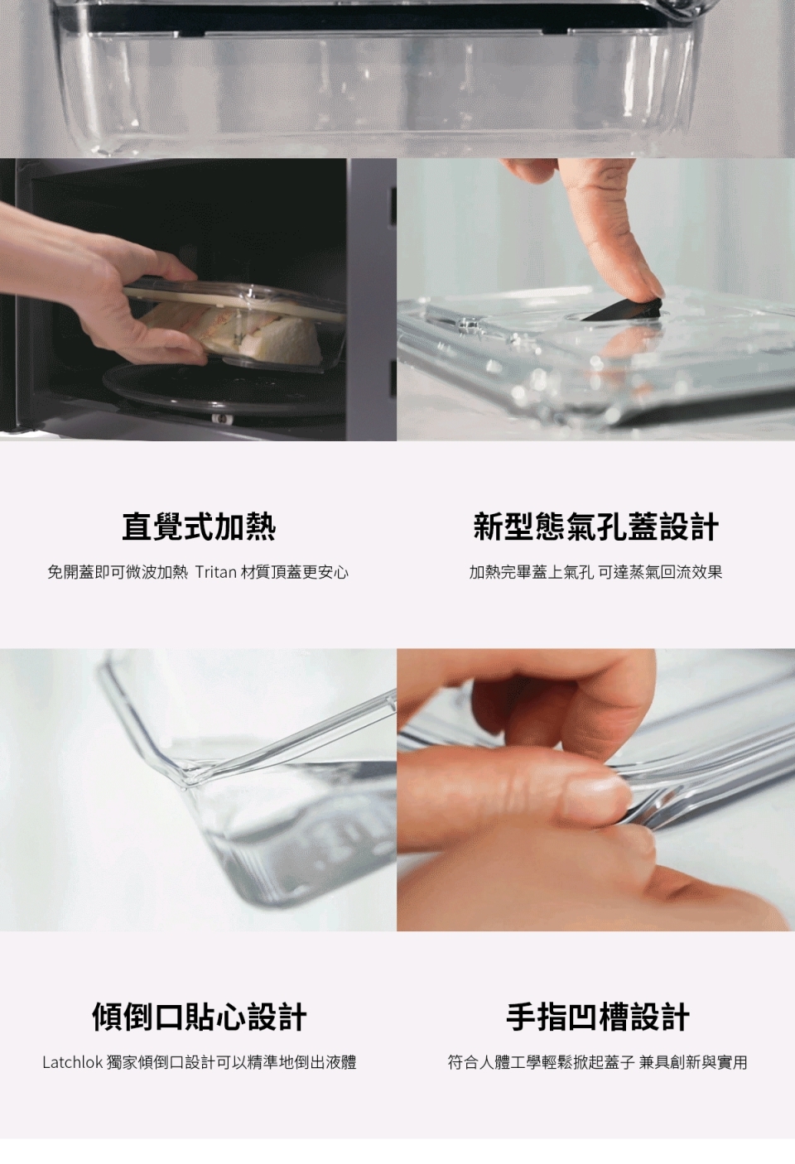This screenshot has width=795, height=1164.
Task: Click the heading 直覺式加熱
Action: [199, 527]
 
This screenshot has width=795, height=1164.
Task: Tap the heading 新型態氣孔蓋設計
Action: [596, 527]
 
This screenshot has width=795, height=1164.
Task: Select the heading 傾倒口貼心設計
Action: [199, 1017]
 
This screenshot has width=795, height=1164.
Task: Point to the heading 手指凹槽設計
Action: [597, 1017]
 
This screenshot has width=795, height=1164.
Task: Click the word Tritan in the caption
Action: [216, 573]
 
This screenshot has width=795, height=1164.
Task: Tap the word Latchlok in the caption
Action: [72, 1062]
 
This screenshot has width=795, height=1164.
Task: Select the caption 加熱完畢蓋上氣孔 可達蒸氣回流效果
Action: [595, 573]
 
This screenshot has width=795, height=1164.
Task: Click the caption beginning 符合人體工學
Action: [597, 1062]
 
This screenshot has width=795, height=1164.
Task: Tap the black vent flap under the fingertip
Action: [624, 310]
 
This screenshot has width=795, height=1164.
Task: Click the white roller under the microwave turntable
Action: [224, 418]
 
